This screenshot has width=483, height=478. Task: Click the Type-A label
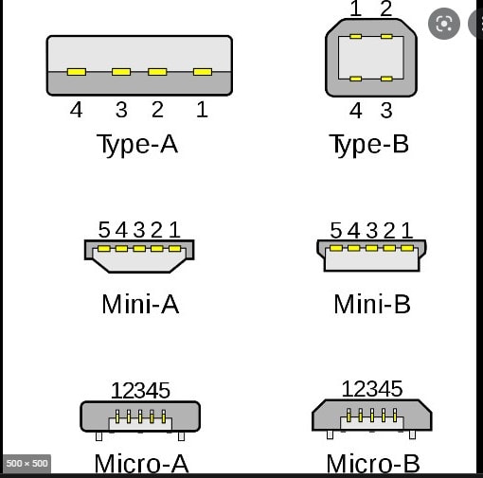point(137,145)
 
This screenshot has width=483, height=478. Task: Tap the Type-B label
point(368,145)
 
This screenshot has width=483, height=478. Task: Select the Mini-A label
point(140,304)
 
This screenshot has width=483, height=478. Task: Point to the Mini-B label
point(372,304)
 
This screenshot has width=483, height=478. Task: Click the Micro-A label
point(141,464)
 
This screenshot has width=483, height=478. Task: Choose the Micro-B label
point(373,464)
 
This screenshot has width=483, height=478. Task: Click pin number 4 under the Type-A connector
point(76,110)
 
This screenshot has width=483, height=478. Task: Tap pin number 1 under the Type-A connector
point(202,110)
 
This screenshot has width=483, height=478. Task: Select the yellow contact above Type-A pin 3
point(121,72)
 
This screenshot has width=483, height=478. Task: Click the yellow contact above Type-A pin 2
point(157,72)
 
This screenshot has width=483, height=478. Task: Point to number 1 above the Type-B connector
point(356,9)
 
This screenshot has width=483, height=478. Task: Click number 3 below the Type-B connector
point(386,111)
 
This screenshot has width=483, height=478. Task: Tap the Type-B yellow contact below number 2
point(386,37)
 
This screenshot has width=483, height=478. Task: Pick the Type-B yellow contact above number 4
point(355,79)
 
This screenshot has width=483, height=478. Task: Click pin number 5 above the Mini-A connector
point(104,229)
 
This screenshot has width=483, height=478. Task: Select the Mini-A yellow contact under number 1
point(174,249)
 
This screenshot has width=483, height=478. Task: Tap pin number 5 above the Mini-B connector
point(336,230)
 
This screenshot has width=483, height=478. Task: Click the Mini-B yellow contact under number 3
point(371,248)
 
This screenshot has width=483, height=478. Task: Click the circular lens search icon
point(444,24)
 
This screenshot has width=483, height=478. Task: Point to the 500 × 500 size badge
point(27,464)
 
